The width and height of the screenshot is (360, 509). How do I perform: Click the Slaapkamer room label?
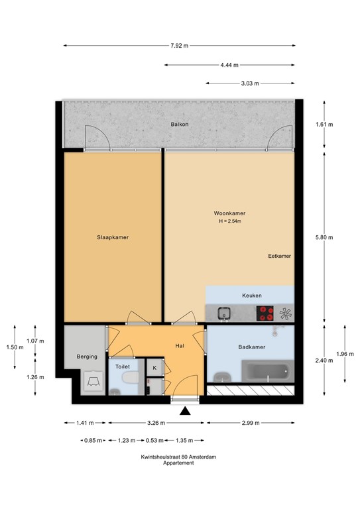point(112,237)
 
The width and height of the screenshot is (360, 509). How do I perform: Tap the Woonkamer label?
point(229,213)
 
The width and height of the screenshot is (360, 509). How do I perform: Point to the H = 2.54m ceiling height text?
point(229,221)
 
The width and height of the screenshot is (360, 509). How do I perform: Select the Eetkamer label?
point(280,256)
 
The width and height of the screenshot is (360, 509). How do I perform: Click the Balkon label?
point(179,125)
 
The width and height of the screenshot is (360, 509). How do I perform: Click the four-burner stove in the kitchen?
point(267,312)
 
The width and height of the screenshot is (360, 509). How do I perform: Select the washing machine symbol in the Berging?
point(92,381)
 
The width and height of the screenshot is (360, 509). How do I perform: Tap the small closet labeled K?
point(154,368)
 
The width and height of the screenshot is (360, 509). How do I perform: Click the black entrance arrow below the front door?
point(185,411)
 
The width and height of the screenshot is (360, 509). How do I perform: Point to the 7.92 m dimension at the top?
point(179,46)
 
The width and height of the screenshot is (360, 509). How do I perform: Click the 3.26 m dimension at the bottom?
point(156,423)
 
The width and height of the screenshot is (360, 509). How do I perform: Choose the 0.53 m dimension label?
point(155,440)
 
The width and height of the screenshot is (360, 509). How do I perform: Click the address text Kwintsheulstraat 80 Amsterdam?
point(179,457)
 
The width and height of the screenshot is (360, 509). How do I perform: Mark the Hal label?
point(179,346)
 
